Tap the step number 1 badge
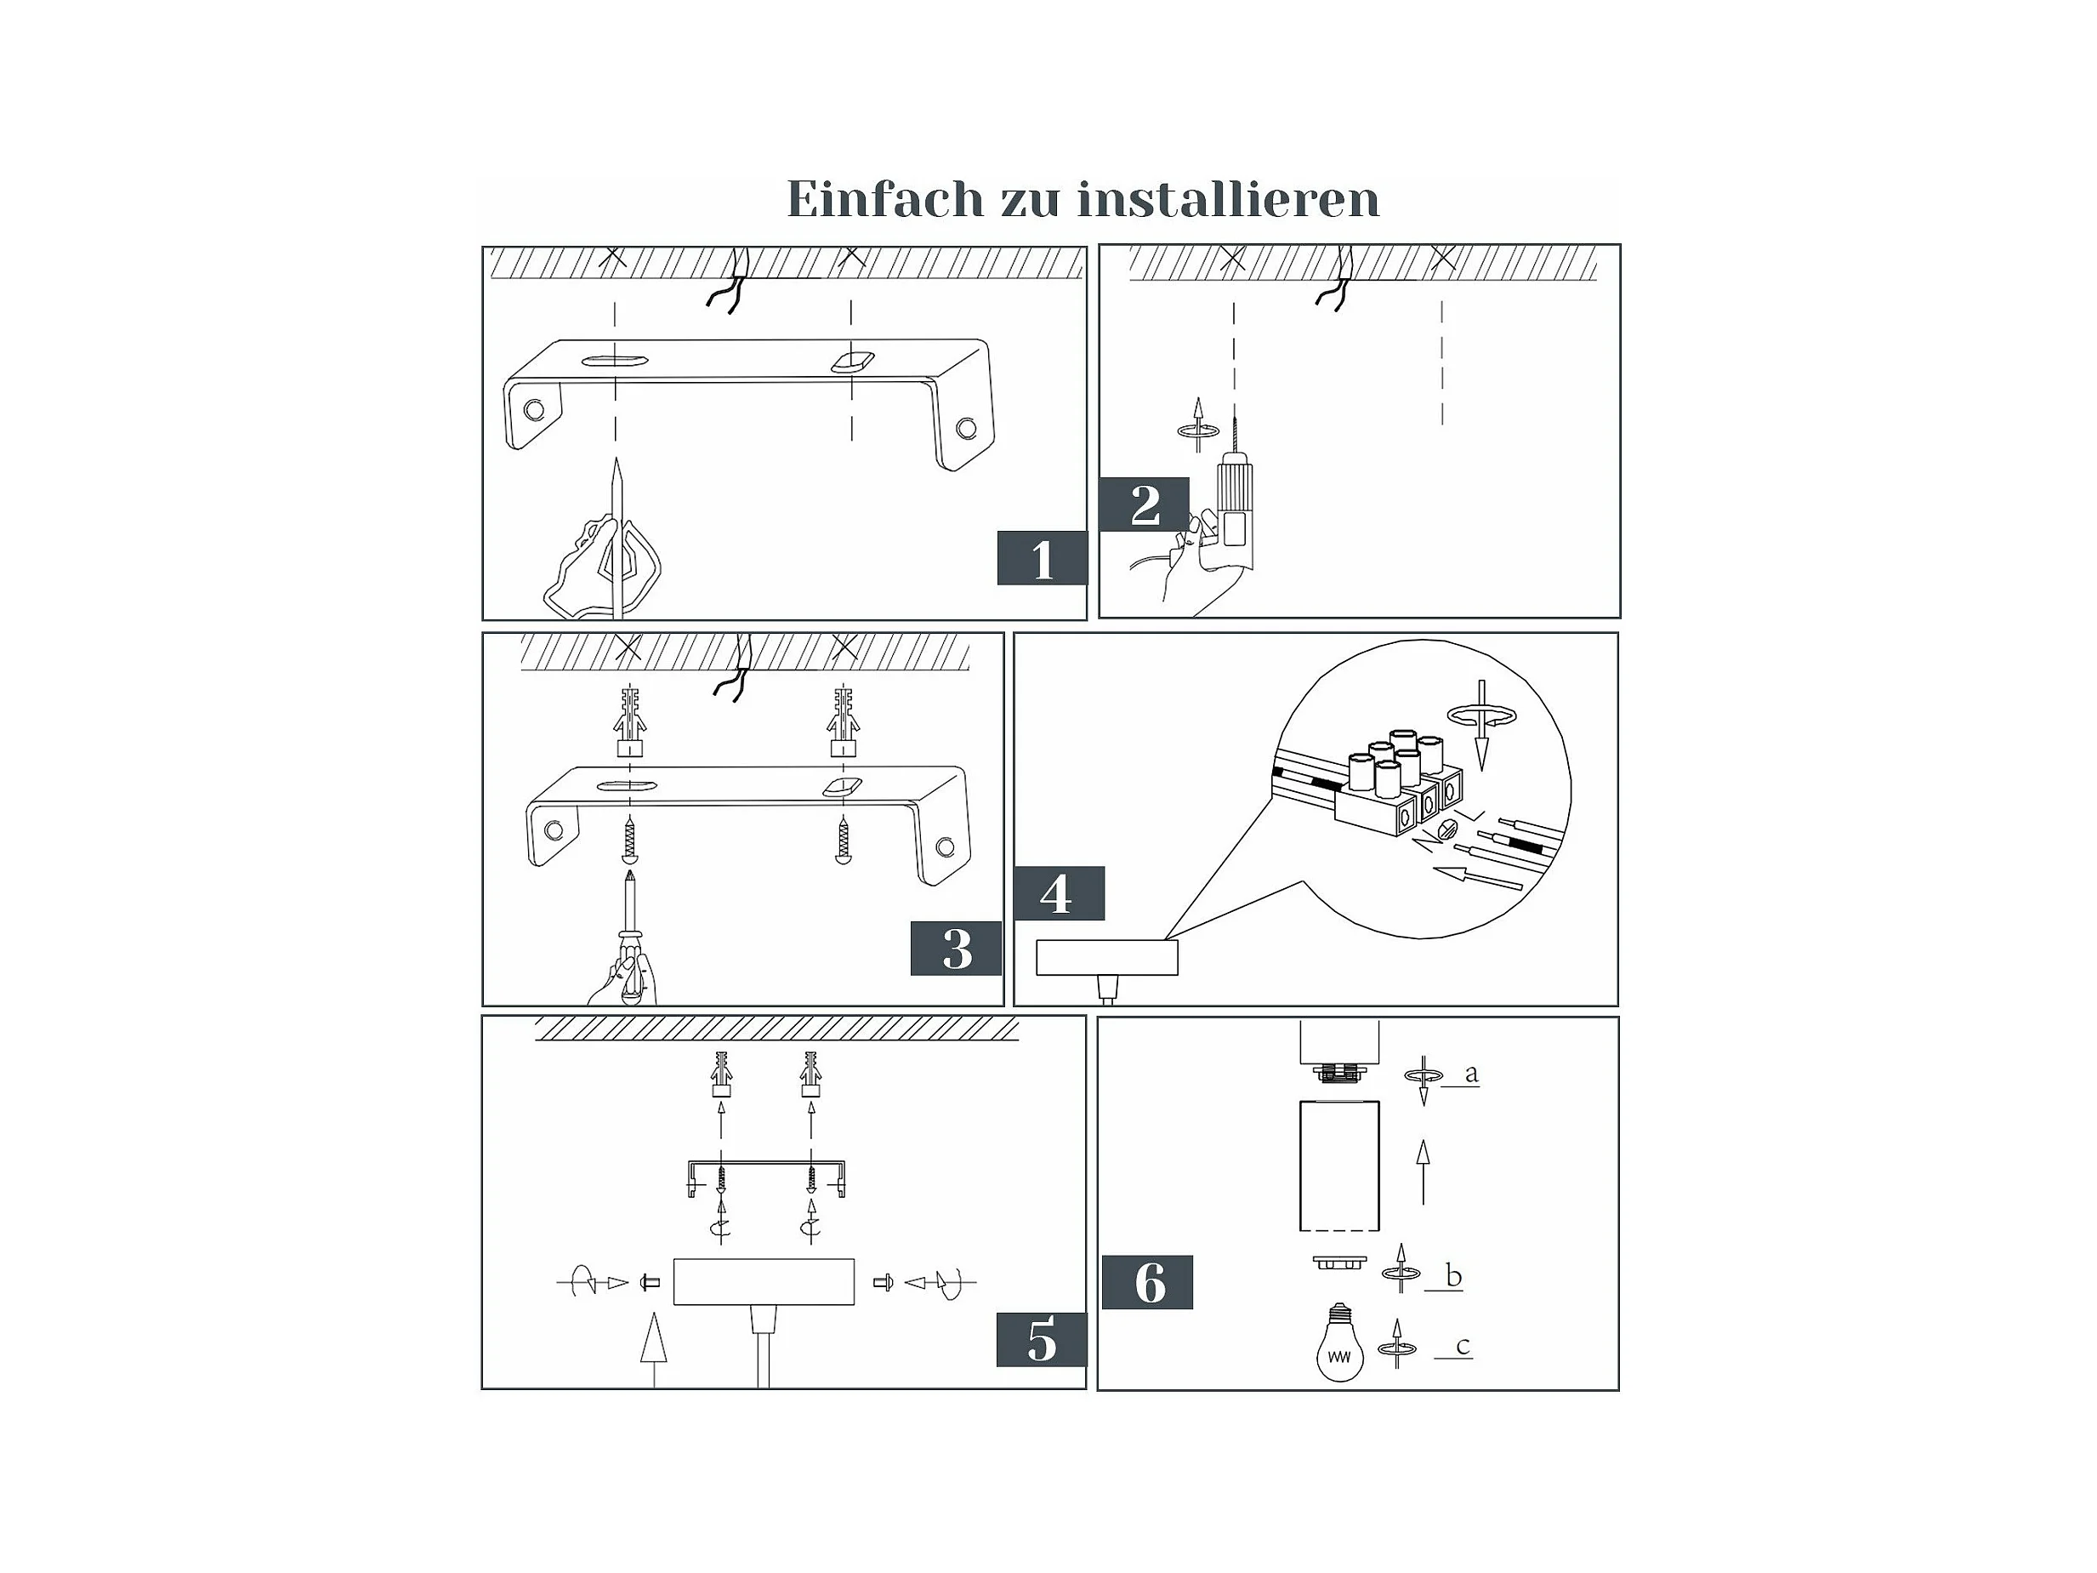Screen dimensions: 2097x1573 tap(1041, 558)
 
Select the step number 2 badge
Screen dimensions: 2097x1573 tap(1145, 504)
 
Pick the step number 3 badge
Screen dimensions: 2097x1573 tap(956, 949)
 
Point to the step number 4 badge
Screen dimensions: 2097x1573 tap(1058, 893)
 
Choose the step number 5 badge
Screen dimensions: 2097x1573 tap(1041, 1340)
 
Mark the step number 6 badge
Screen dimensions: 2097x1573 tap(1147, 1283)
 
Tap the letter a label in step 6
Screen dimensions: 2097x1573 tap(1470, 1074)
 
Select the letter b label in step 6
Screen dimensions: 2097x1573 tap(1453, 1276)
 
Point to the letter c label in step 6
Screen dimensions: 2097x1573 tap(1462, 1346)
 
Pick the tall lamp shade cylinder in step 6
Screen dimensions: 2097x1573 tap(1338, 1165)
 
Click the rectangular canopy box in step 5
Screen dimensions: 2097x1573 tap(763, 1281)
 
